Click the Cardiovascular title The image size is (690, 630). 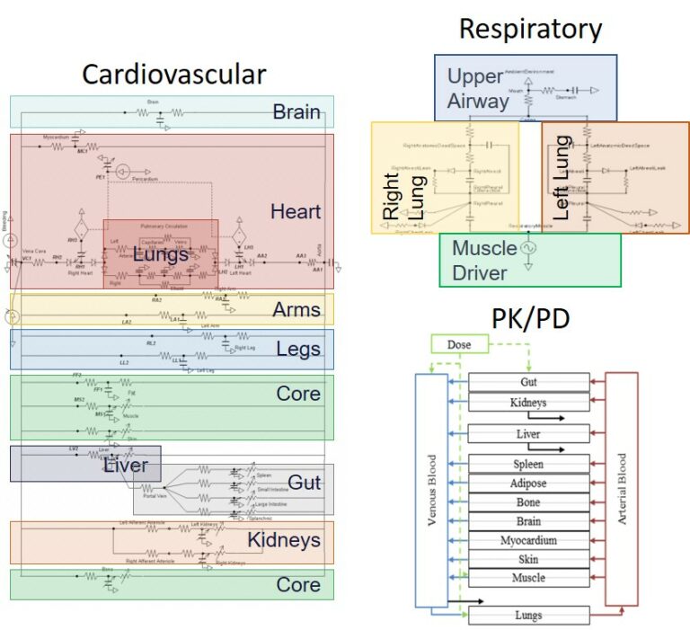pos(174,74)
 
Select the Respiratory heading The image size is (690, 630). pos(530,29)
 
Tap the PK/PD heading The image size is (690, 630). pos(530,317)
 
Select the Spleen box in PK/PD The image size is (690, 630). pos(528,465)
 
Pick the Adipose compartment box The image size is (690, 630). pos(528,484)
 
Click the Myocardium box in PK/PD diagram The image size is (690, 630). pos(528,540)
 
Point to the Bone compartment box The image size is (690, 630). pos(528,502)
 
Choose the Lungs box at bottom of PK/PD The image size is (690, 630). pos(528,615)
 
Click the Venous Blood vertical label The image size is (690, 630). pos(432,491)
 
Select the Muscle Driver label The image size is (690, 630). pos(483,260)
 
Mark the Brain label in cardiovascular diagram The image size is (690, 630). pos(296,112)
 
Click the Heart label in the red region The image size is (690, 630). pos(296,211)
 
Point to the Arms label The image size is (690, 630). pos(296,309)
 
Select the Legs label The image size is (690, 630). pos(298,349)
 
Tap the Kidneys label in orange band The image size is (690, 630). pos(284,540)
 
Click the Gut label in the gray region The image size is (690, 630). pos(305,483)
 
